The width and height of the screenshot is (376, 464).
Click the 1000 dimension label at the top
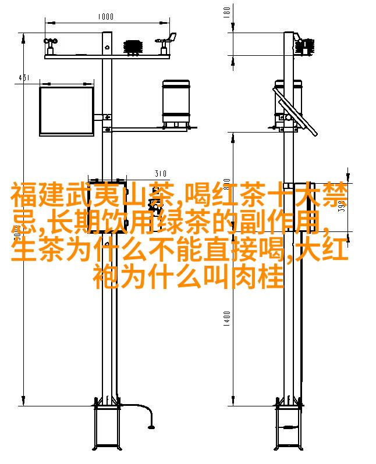pos(106,16)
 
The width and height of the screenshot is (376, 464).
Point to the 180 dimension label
pos(226,12)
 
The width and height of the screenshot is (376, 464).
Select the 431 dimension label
pos(24,78)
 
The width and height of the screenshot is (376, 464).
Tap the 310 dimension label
pos(161,173)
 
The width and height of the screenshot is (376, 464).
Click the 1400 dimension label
pos(226,319)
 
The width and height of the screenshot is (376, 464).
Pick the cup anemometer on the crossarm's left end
pos(51,46)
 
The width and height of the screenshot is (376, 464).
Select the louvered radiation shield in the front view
pos(133,47)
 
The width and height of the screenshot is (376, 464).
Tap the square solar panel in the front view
pos(67,111)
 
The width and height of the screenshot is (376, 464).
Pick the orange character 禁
pos(335,195)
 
